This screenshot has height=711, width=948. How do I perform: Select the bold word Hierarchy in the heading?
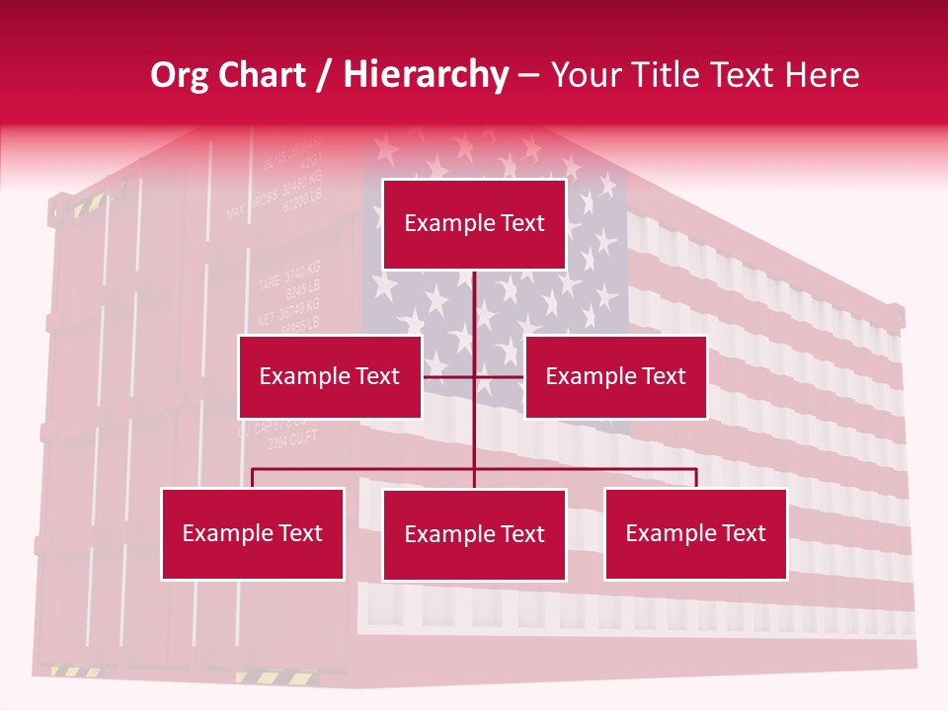425,75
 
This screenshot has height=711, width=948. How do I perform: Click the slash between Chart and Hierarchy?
323,76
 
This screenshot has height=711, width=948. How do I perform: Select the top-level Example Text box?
474,224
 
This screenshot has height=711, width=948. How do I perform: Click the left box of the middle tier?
330,376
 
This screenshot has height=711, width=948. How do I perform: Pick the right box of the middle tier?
615,376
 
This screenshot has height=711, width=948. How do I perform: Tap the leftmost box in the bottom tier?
252,533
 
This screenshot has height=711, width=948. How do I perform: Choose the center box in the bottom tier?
474,534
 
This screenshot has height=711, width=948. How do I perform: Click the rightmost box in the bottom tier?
695,533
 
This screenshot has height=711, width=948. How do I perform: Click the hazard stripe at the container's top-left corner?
86,206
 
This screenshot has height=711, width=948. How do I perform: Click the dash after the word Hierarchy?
528,76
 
